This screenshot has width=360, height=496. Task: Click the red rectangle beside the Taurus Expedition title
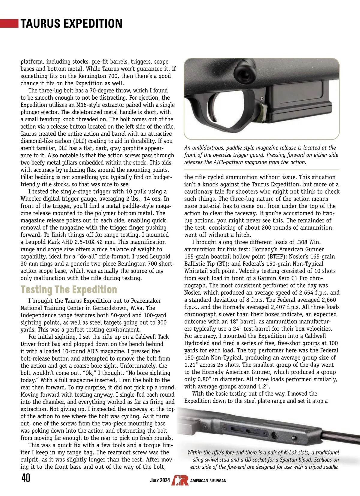[x=9, y=23]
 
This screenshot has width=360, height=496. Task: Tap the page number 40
[x=26, y=478]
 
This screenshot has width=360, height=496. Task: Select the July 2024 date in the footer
[x=160, y=480]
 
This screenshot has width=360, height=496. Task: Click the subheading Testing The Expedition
[x=69, y=289]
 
